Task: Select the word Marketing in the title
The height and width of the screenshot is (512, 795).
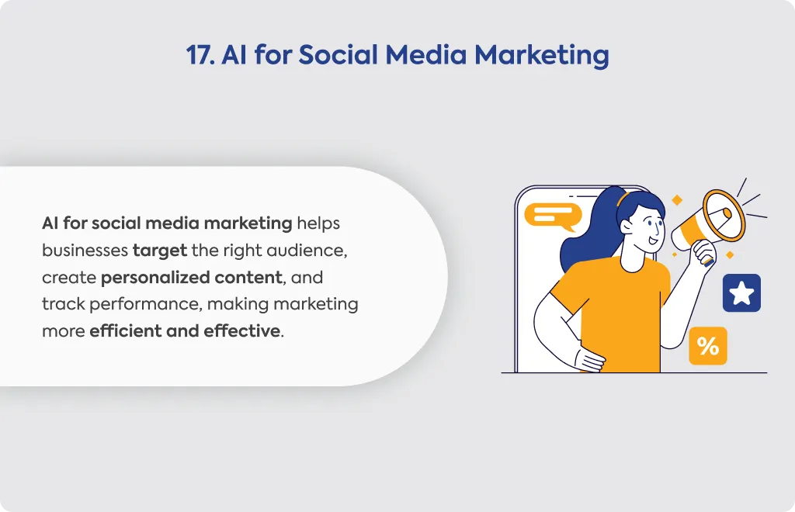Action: (x=541, y=56)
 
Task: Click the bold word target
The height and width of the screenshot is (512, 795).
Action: (x=160, y=251)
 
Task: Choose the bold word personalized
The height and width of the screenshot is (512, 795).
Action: (x=155, y=278)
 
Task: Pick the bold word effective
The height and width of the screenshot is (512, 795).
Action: (x=242, y=330)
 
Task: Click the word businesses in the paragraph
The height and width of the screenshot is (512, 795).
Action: (x=85, y=250)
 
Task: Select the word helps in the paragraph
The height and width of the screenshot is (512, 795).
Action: (x=318, y=223)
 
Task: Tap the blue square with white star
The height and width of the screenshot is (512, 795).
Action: (x=741, y=292)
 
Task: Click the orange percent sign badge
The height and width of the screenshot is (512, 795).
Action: (x=708, y=346)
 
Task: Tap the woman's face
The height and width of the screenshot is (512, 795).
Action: (x=647, y=228)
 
